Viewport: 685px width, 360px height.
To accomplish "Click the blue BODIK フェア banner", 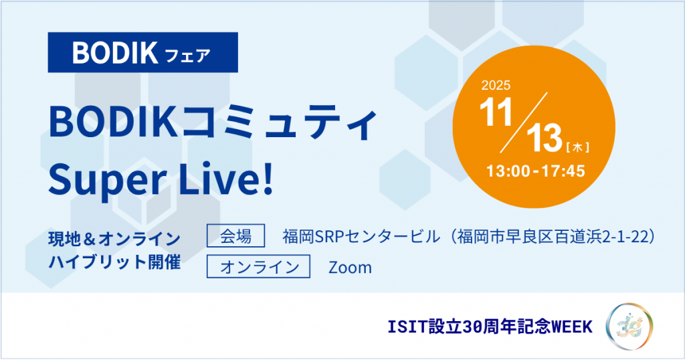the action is (143, 52).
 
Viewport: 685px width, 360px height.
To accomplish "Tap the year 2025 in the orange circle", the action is (496, 85).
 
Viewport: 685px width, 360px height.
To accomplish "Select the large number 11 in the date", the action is (496, 112).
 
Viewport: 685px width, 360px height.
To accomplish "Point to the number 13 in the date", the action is (545, 138).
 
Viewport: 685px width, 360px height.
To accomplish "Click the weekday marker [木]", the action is (577, 148).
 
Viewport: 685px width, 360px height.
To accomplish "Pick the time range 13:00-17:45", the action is (536, 171).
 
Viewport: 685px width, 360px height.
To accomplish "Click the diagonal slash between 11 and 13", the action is (523, 122).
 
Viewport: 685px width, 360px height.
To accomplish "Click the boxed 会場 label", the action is (236, 236).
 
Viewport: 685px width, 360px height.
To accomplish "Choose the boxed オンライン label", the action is (259, 266).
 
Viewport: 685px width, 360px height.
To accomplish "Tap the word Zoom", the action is (351, 268).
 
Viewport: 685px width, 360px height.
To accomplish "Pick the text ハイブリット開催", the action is (114, 262).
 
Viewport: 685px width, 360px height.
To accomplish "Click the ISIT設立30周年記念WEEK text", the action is (490, 327).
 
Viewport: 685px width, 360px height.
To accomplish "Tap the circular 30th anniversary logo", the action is (629, 327).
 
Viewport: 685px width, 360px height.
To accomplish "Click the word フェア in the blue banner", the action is (188, 56).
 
